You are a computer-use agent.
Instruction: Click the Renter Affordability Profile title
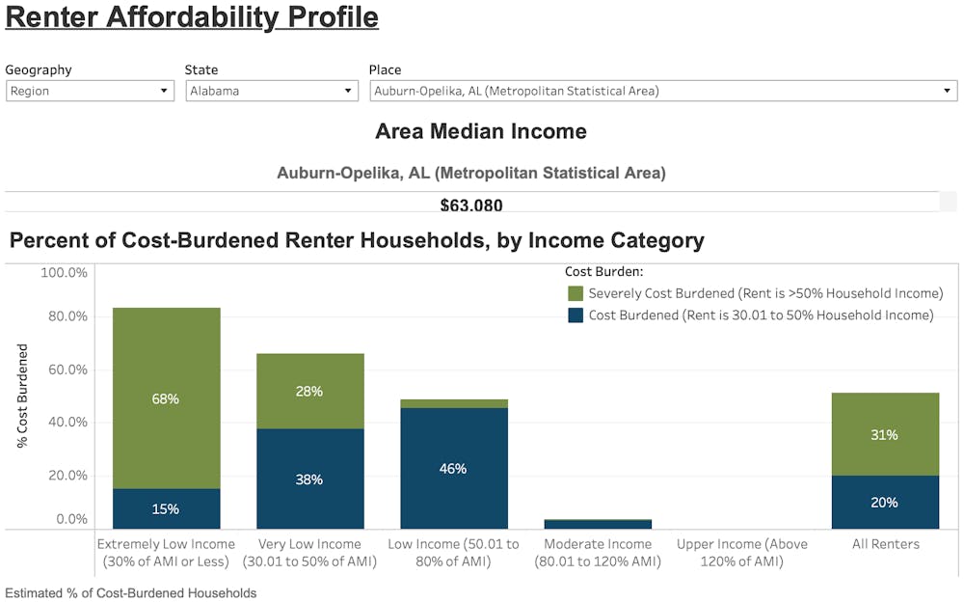[192, 17]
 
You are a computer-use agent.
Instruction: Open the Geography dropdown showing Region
[90, 91]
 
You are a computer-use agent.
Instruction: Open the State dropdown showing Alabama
[273, 91]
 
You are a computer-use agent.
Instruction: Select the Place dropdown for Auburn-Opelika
[662, 91]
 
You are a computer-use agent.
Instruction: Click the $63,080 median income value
[471, 205]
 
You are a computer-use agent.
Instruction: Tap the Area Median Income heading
[480, 131]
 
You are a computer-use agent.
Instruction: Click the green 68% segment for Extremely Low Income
[166, 397]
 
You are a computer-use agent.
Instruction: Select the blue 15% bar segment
[166, 508]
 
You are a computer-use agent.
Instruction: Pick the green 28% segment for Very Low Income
[310, 391]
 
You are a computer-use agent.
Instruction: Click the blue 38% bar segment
[310, 479]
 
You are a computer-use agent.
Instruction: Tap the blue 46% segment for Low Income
[453, 468]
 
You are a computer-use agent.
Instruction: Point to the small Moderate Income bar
[598, 524]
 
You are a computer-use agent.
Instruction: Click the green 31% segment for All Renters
[884, 434]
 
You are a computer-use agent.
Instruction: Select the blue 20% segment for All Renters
[884, 502]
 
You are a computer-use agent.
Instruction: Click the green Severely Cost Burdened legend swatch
[576, 293]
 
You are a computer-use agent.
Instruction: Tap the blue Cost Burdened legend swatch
[576, 315]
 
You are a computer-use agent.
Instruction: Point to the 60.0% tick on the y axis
[64, 369]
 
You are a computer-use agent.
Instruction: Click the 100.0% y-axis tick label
[64, 273]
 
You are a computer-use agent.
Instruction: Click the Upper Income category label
[741, 553]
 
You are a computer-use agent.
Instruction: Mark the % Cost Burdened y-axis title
[22, 396]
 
